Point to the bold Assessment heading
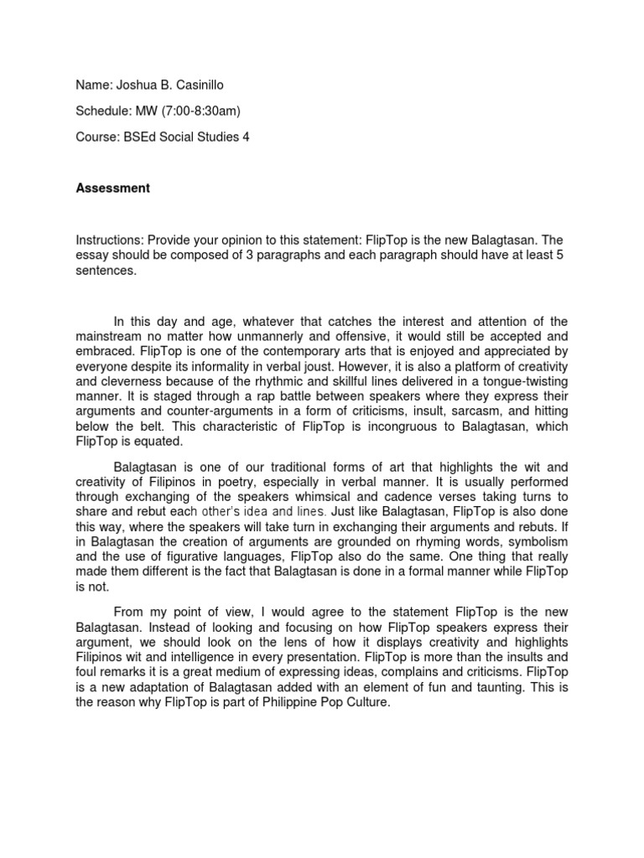(113, 189)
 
